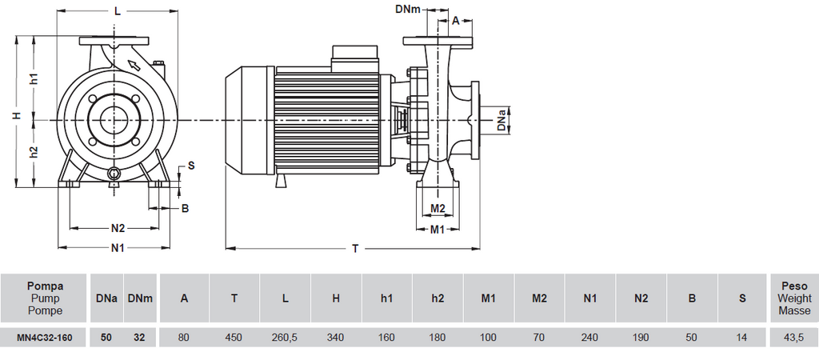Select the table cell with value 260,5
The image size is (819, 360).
click(x=285, y=338)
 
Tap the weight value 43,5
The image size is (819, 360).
click(x=793, y=338)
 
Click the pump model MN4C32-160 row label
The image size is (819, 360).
click(x=45, y=338)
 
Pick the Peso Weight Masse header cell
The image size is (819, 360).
click(x=793, y=298)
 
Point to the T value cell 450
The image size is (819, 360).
click(x=234, y=338)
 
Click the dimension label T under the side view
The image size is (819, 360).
click(x=355, y=249)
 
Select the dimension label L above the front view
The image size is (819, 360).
click(x=118, y=10)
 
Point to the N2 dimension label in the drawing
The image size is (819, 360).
click(x=118, y=228)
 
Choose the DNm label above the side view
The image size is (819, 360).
click(x=408, y=10)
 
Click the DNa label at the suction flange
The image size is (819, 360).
click(x=501, y=120)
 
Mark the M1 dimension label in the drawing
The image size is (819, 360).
click(x=437, y=230)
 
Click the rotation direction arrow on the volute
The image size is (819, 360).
click(x=134, y=65)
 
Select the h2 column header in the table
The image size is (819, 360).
click(x=437, y=298)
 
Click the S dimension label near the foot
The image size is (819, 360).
click(x=190, y=166)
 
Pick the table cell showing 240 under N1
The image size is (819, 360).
click(x=590, y=338)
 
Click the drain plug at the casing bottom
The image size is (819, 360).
click(x=114, y=174)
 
